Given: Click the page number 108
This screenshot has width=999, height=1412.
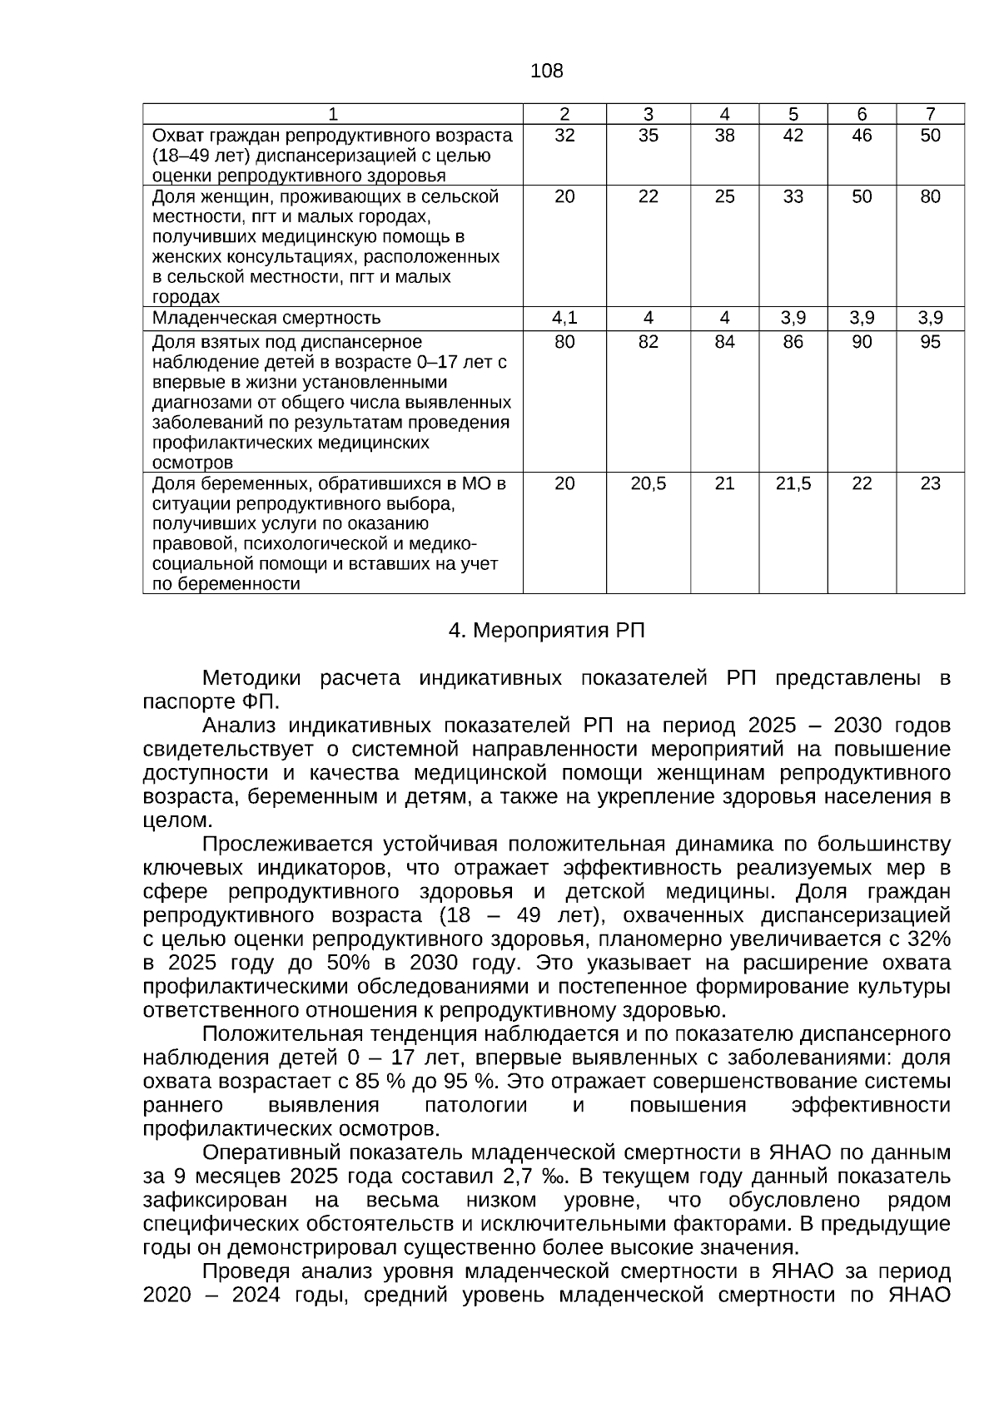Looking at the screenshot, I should coord(546,72).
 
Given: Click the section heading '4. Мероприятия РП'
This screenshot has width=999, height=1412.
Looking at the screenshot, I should coord(546,631).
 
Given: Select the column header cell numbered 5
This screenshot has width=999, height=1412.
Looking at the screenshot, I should coord(793,114).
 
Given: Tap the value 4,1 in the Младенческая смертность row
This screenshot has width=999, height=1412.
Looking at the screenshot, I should coord(564,318).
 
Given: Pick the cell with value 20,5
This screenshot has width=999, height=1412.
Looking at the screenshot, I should coord(648,483).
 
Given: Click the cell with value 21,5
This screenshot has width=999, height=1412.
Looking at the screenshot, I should coord(793,483).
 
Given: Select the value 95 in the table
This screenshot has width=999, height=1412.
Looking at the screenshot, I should coord(930,342).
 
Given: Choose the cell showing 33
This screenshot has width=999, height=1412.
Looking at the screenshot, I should coord(793,196).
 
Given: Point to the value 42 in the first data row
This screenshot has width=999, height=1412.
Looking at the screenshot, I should coord(793,136).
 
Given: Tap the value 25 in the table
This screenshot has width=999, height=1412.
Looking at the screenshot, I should coord(724,196).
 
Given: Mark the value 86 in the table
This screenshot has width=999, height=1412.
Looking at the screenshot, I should coord(793,342).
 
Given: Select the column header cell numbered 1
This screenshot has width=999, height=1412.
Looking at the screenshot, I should coord(332,114).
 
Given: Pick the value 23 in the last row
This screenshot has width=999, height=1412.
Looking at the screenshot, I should coord(930,483).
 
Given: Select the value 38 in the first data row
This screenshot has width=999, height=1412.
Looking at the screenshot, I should coord(724,136).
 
